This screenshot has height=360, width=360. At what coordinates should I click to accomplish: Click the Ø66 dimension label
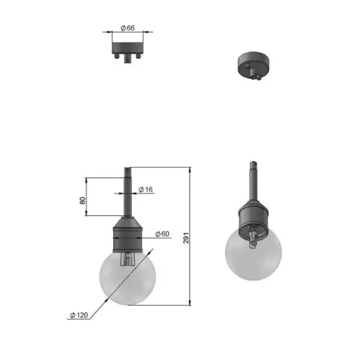(x=128, y=28)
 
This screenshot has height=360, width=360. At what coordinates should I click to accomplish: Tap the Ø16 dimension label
(x=146, y=190)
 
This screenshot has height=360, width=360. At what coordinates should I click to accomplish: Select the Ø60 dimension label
(x=162, y=234)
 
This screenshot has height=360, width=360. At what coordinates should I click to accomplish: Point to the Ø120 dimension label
(x=79, y=315)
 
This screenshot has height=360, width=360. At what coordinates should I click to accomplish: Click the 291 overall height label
(x=186, y=238)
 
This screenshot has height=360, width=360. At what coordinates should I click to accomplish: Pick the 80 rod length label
(x=82, y=200)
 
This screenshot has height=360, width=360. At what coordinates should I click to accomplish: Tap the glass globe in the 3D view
(x=253, y=255)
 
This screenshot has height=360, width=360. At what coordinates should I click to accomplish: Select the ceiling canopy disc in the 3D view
(x=253, y=64)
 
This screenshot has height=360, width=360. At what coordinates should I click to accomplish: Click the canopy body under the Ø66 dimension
(x=128, y=48)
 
